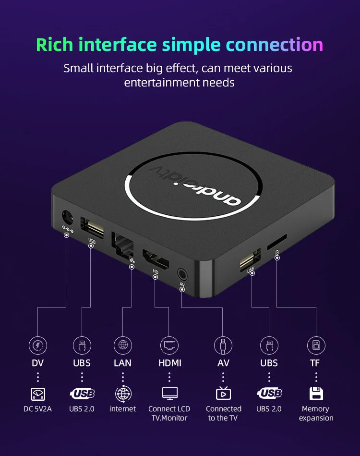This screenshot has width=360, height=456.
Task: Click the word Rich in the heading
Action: click(x=55, y=45)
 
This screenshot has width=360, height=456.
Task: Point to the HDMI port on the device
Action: click(x=155, y=259)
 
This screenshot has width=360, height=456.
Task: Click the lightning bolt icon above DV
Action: click(x=38, y=345)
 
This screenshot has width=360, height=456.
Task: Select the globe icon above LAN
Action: click(x=123, y=345)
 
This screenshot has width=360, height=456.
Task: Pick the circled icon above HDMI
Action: click(x=169, y=345)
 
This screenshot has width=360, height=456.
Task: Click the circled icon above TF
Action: click(x=316, y=345)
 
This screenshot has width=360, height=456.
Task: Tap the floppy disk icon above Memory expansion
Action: click(x=316, y=394)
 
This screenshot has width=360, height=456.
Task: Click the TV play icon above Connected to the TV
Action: click(x=223, y=394)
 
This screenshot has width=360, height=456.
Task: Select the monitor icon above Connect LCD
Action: click(x=169, y=393)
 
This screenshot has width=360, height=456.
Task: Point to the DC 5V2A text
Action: click(x=38, y=409)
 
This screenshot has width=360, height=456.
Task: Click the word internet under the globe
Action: click(x=123, y=409)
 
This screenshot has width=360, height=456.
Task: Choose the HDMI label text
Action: click(x=170, y=363)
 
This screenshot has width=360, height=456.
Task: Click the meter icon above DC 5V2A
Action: click(x=38, y=394)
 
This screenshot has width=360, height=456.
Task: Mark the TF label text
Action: click(x=315, y=363)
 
